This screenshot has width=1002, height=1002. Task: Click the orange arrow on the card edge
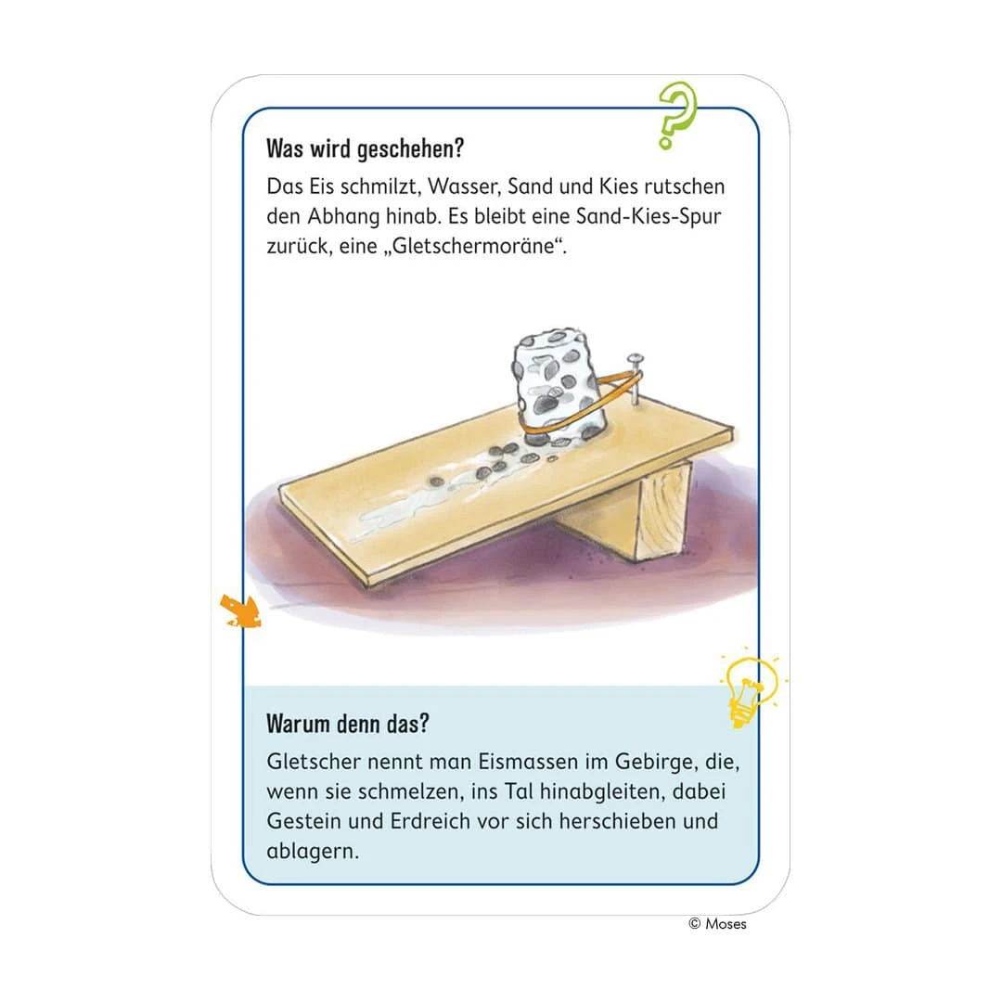(x=240, y=610)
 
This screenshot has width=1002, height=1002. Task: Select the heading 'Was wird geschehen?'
(x=365, y=148)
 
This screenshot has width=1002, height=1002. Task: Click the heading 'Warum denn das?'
(x=348, y=724)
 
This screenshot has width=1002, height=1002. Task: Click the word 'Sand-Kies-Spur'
(x=649, y=216)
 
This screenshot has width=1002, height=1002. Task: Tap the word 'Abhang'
(x=344, y=216)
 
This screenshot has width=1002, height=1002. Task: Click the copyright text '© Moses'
(x=717, y=923)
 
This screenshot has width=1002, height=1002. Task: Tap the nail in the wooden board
(x=635, y=379)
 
